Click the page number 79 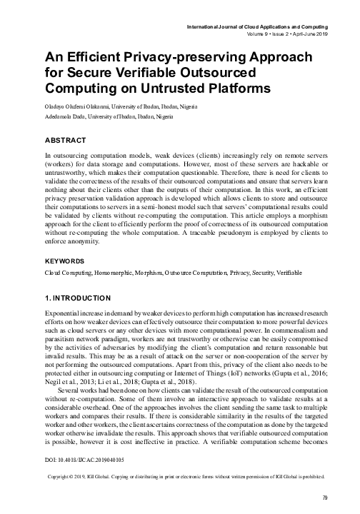(x=326, y=498)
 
